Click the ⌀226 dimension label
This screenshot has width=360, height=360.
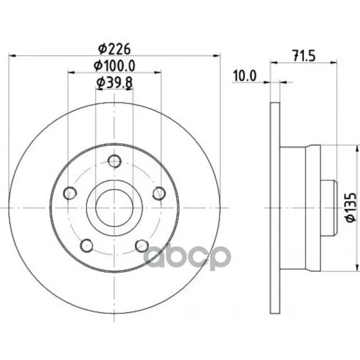point(115,49)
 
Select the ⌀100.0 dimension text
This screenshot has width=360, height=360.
point(115,65)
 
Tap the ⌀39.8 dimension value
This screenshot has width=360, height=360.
point(115,83)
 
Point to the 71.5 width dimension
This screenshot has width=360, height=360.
point(304,56)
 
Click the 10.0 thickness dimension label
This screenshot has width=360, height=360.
point(245,76)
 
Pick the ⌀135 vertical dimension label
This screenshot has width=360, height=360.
point(351,208)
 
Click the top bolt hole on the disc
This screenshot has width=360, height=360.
point(115,161)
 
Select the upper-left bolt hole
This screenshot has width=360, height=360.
point(70,193)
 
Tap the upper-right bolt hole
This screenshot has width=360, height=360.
point(159,193)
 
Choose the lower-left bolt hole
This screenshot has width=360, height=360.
point(87,245)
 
